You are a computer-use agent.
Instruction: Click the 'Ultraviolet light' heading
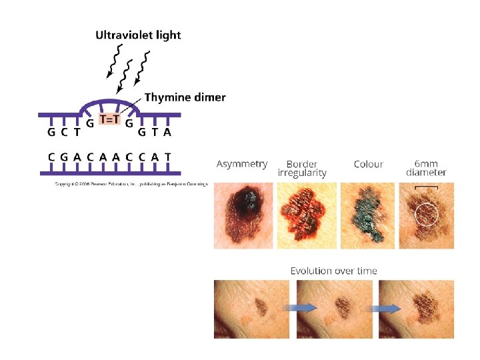138,35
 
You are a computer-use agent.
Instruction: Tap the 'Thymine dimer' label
185,97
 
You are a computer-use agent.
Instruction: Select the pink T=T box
109,119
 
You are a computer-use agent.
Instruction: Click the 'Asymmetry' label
242,163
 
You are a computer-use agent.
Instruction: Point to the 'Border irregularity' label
302,168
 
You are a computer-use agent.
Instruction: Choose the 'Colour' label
368,164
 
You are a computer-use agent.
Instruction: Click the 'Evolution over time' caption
333,271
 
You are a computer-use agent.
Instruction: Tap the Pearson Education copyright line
131,183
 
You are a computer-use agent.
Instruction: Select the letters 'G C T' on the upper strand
64,132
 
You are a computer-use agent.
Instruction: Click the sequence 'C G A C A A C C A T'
109,157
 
